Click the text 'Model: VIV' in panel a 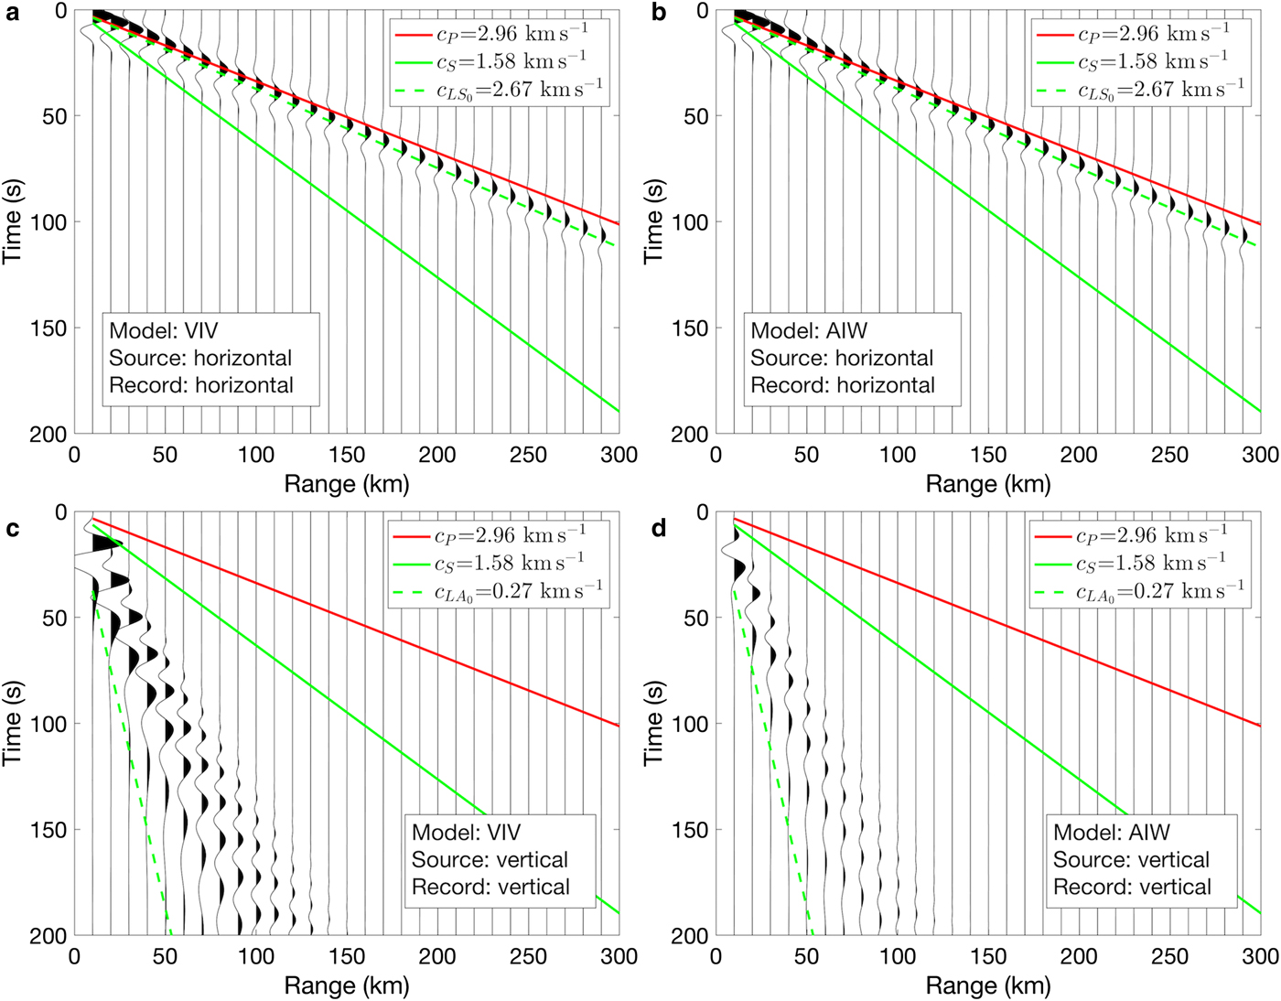164,330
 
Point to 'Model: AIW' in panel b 809,330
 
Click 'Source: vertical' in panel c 490,859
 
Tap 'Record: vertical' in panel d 1132,887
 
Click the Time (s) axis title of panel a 13,221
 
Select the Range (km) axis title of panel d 988,985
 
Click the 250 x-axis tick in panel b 1169,455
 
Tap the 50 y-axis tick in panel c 56,618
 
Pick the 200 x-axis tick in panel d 1079,956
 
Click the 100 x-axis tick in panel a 256,455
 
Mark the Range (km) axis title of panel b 988,483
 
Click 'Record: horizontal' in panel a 201,385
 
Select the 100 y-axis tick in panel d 691,724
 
